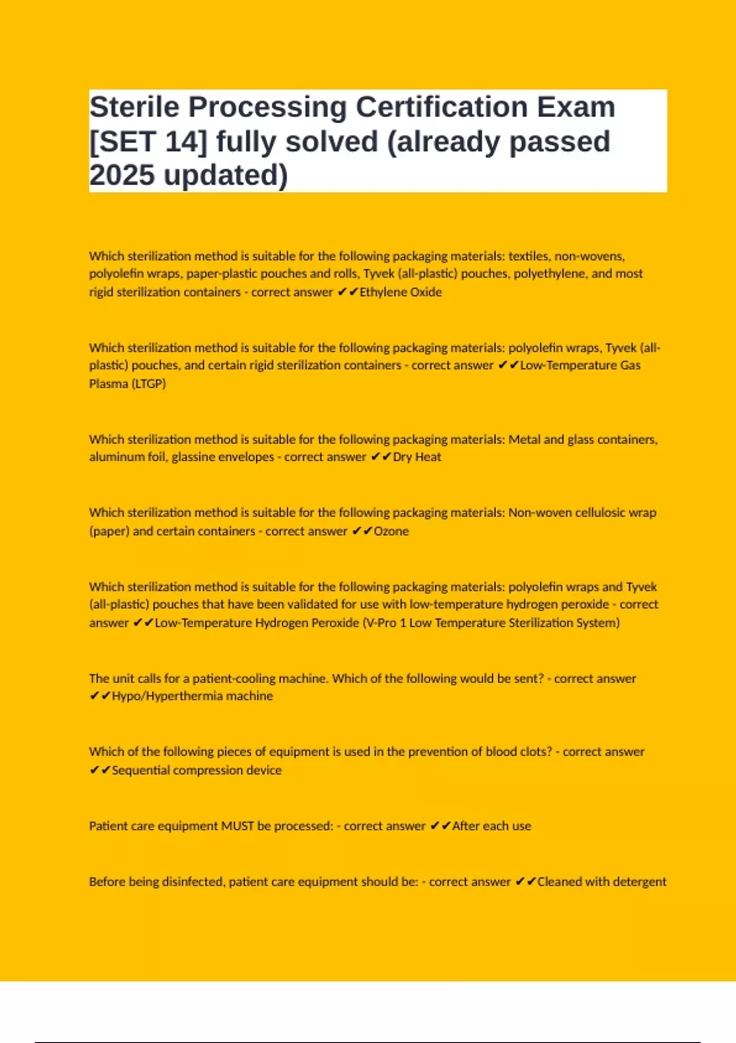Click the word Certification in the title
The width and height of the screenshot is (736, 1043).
[442, 107]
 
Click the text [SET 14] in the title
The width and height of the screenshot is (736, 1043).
[148, 142]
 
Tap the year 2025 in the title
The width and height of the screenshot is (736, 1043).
[121, 175]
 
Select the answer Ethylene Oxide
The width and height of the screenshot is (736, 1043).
[401, 292]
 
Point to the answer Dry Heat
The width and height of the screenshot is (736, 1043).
[416, 457]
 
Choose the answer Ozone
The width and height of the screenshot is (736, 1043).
[391, 531]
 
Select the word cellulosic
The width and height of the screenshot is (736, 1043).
[591, 513]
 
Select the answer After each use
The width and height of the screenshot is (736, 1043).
[491, 826]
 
